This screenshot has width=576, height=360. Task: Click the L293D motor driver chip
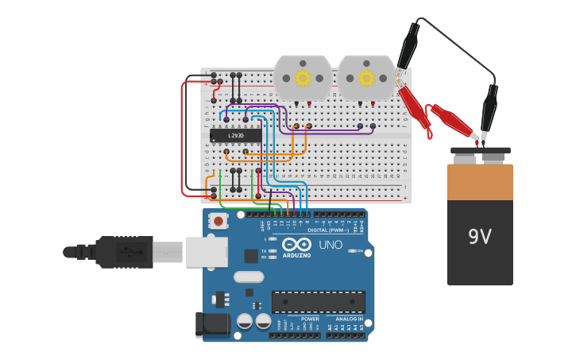tap(236, 136)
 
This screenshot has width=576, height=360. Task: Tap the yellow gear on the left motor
tap(303, 78)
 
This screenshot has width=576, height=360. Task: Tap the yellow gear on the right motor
tap(366, 78)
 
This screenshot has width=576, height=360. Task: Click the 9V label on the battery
tap(480, 237)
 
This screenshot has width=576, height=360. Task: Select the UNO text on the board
tap(331, 245)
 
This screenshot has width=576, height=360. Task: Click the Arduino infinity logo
tap(296, 245)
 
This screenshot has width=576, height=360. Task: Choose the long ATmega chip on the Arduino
tap(319, 301)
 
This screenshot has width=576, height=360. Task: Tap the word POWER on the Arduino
tap(310, 319)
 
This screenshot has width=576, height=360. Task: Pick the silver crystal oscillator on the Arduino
tap(248, 277)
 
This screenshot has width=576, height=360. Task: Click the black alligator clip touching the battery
tap(489, 111)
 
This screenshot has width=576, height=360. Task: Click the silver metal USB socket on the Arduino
tap(207, 252)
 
